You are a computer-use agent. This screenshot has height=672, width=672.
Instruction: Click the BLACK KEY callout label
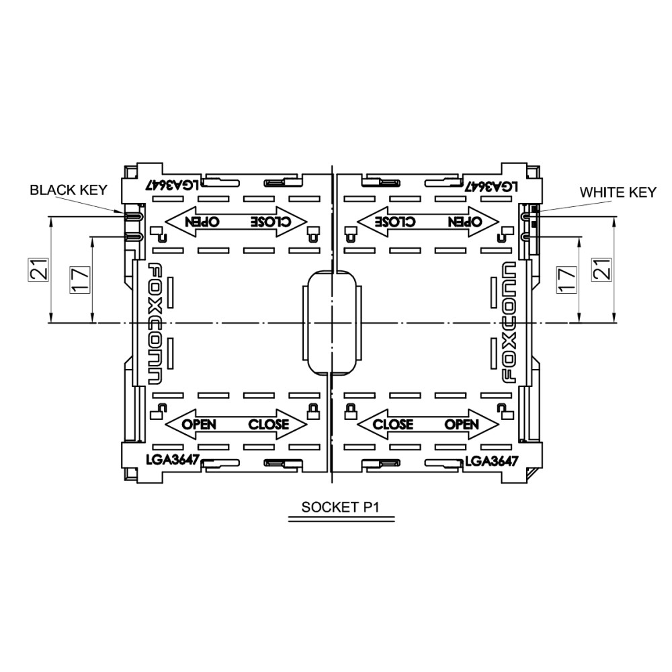[69, 190]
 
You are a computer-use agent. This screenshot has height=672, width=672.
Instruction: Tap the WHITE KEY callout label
[618, 192]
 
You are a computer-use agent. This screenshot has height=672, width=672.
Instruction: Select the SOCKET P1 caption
[341, 507]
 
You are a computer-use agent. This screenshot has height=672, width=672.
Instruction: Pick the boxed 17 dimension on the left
[80, 280]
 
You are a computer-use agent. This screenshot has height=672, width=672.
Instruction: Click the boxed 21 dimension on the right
[601, 269]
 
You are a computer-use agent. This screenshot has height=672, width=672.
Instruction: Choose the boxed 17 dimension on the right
[566, 280]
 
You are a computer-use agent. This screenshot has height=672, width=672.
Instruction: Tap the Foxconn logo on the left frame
[156, 324]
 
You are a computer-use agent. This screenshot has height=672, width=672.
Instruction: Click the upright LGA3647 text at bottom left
[173, 460]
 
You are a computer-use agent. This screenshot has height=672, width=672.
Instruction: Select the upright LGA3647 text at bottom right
[492, 461]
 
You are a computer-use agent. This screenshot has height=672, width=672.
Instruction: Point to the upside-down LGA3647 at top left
[173, 185]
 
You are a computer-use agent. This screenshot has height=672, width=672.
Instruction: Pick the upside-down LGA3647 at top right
[492, 186]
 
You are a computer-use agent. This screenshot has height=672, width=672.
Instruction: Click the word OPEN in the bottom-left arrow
[199, 424]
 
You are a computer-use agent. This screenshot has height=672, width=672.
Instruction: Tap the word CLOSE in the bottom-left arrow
[269, 424]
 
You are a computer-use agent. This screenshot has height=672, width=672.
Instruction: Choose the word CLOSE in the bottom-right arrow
[393, 424]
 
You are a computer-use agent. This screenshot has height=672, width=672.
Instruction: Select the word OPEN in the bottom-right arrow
[462, 424]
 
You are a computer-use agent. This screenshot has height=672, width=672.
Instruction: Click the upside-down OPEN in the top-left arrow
[202, 221]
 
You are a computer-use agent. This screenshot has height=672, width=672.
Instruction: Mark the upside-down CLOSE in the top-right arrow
[394, 221]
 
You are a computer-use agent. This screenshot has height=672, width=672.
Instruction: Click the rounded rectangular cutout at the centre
[333, 323]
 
